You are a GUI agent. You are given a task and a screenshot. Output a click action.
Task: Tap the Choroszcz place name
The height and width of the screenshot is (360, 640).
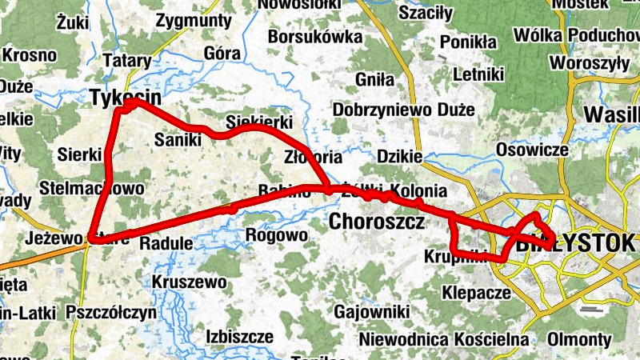coord(376,222)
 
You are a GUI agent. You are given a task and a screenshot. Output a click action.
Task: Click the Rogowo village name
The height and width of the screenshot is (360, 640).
coord(276,236)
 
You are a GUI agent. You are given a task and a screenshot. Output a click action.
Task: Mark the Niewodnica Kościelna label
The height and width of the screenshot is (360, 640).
coord(445,339)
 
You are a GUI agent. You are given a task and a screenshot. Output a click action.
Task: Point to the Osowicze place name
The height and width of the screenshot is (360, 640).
coord(532,150)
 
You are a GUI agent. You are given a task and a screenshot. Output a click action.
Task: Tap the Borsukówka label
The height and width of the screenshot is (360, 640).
coord(315,37)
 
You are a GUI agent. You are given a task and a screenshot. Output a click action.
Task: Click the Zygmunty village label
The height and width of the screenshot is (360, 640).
coord(194,20)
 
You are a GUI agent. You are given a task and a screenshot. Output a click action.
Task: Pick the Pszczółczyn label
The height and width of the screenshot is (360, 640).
coord(112,312)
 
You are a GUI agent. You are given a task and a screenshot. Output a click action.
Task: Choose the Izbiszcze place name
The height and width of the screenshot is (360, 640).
coord(239,335)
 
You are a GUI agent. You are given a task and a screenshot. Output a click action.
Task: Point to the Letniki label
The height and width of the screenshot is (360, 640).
coord(478,75)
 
